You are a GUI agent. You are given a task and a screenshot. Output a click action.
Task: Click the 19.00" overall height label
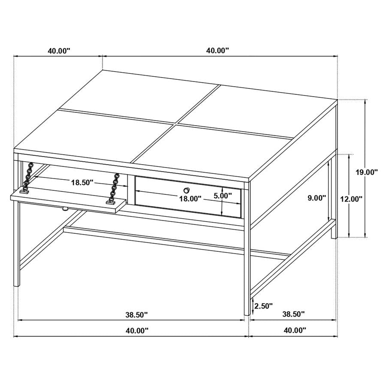[366, 172]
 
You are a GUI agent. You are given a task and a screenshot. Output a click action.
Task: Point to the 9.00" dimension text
[317, 198]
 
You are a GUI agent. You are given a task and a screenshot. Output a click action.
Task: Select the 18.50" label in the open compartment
[82, 182]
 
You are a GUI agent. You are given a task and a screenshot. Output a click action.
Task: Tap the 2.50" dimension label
[263, 306]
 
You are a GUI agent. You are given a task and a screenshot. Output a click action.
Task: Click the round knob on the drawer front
[187, 190]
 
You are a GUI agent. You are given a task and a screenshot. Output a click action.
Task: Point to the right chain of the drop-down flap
[115, 188]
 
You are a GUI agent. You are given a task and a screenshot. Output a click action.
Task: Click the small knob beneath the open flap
[65, 209]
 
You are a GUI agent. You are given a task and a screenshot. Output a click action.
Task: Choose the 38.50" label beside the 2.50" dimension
[293, 314]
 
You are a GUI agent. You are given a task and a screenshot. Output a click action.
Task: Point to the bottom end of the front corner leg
[247, 314]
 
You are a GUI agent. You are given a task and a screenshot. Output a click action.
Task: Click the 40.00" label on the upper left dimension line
[59, 51]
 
